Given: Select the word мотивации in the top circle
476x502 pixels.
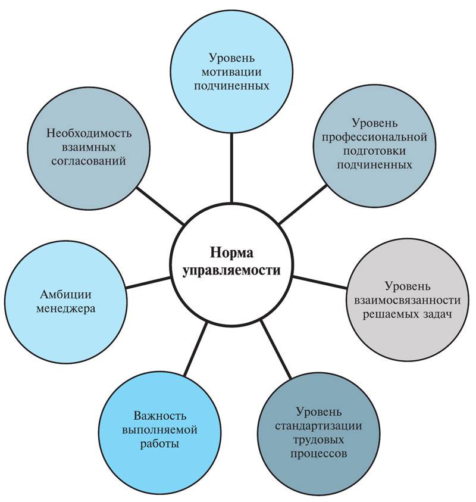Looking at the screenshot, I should [231, 72].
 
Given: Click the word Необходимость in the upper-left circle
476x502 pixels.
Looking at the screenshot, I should [89, 132].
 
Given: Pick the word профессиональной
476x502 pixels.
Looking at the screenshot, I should [374, 137].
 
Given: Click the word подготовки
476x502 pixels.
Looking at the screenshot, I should [374, 151].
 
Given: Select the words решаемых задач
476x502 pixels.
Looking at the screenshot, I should [408, 314].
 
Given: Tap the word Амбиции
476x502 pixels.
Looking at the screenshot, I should [68, 295].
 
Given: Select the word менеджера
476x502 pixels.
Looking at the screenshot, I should [68, 310].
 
